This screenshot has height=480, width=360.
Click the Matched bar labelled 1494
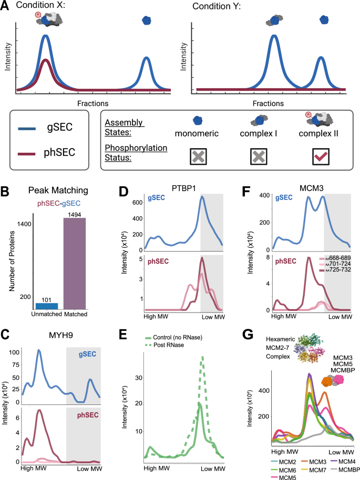pos(75,263)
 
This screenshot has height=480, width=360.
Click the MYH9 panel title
pos(61,335)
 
